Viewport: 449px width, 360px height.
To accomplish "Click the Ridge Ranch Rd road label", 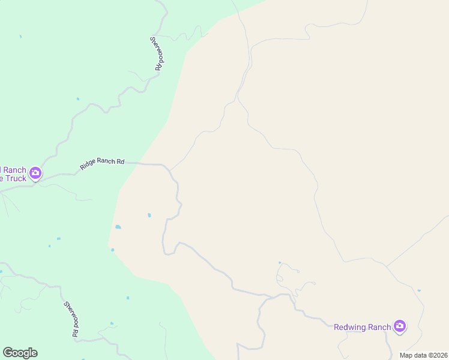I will (103, 162).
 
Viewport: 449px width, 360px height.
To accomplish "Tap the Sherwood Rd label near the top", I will (158, 53).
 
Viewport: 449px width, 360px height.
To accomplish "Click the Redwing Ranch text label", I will (362, 327).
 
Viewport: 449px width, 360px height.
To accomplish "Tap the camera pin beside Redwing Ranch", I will (400, 327).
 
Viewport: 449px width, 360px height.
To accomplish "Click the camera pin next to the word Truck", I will (35, 173).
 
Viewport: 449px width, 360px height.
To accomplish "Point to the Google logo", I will (20, 353).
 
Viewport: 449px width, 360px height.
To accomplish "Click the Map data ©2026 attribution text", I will (423, 355).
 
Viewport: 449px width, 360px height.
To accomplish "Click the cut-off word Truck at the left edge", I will (13, 178).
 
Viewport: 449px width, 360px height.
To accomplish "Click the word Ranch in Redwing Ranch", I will (379, 327).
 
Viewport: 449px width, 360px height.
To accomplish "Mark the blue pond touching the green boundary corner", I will (112, 250).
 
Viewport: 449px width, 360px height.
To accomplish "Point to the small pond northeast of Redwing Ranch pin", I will (419, 290).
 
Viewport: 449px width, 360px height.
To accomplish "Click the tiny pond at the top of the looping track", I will (279, 262).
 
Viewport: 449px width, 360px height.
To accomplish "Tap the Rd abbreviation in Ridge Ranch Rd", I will (121, 161).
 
